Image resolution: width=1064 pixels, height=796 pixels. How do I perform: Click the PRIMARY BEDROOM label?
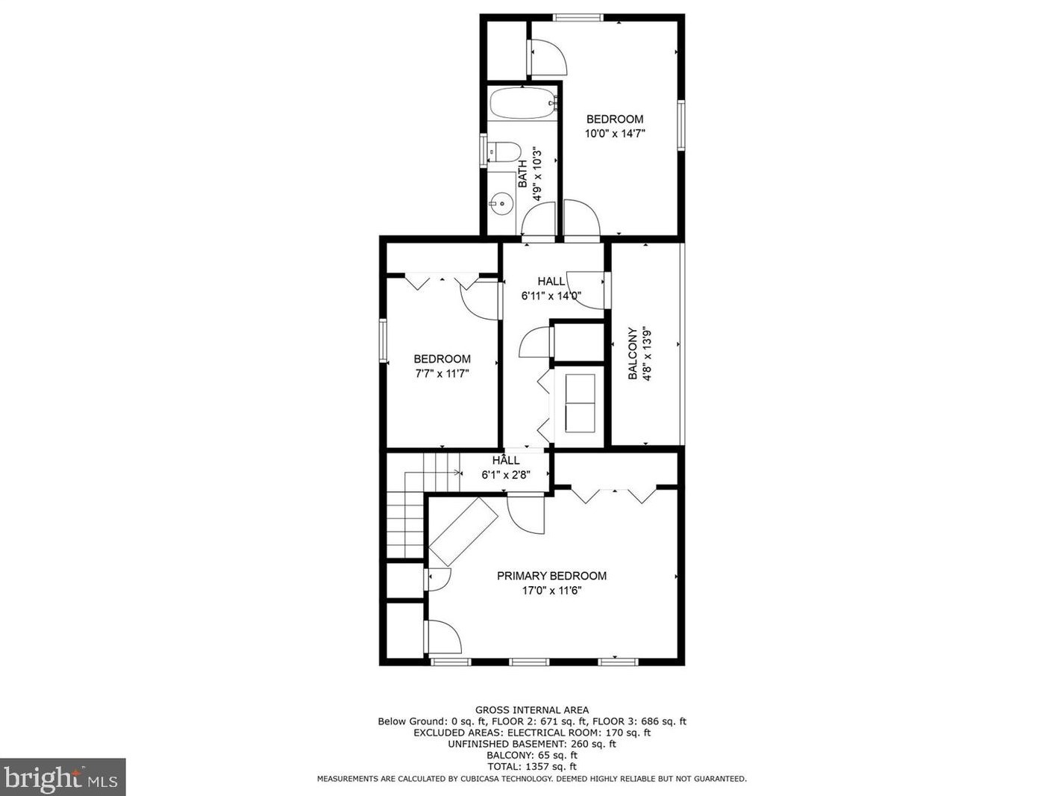pyautogui.click(x=551, y=576)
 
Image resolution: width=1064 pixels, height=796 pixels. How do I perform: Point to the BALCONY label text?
pyautogui.click(x=633, y=354)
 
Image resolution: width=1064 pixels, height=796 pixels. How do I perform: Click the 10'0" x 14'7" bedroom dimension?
pyautogui.click(x=615, y=134)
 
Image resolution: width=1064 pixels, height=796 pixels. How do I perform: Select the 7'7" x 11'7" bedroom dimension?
pyautogui.click(x=442, y=374)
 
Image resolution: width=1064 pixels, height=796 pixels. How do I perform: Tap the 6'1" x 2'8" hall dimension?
pyautogui.click(x=506, y=475)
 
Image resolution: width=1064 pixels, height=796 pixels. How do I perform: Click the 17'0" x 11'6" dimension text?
pyautogui.click(x=551, y=591)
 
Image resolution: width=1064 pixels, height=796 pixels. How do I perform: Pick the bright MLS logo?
pyautogui.click(x=63, y=777)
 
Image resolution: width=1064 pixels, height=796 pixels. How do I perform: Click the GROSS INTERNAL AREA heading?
pyautogui.click(x=532, y=710)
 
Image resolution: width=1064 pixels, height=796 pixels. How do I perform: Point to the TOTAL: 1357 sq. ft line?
pyautogui.click(x=532, y=766)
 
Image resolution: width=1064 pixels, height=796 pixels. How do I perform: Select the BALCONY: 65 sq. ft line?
pyautogui.click(x=532, y=755)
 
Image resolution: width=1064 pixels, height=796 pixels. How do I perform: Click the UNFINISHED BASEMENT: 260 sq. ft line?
pyautogui.click(x=532, y=744)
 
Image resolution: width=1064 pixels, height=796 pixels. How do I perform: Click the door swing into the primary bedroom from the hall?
pyautogui.click(x=525, y=515)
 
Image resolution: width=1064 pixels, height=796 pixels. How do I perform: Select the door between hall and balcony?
pyautogui.click(x=587, y=290)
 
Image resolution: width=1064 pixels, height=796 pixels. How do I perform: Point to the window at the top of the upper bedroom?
pyautogui.click(x=578, y=17)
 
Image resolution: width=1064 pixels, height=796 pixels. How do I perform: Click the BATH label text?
pyautogui.click(x=522, y=174)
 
